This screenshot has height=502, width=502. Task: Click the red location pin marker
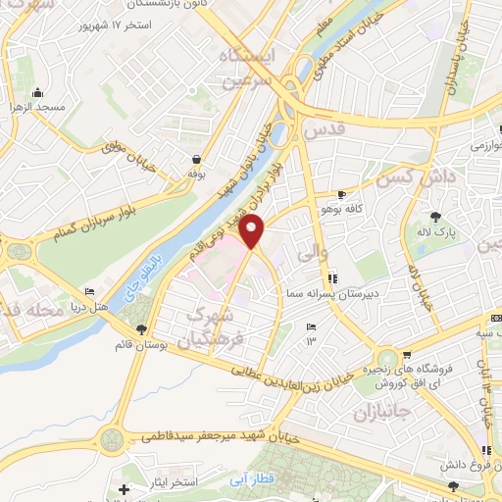click(x=253, y=231)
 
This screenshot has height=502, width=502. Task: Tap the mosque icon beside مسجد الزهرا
click(x=38, y=93)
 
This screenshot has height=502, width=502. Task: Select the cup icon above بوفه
click(x=197, y=159)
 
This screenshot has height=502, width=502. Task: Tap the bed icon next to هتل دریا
click(x=90, y=291)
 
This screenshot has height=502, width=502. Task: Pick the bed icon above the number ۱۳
click(x=312, y=326)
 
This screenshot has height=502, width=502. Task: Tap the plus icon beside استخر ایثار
click(x=123, y=488)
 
